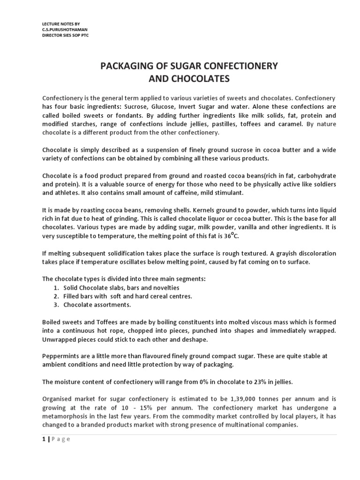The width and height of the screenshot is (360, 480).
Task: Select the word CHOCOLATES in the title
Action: coord(189,79)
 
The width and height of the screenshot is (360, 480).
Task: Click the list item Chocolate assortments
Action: coord(97,305)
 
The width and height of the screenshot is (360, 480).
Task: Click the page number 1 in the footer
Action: coord(44,439)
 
